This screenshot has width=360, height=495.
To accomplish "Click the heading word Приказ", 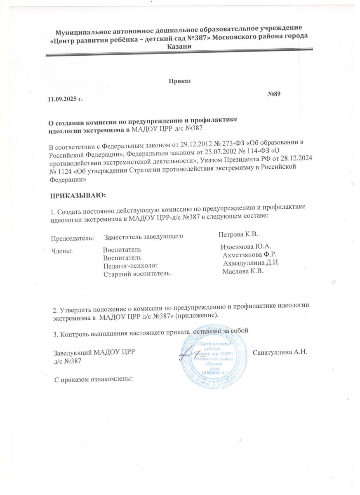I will (x=180, y=81).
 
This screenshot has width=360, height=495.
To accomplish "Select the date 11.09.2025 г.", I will (x=65, y=99).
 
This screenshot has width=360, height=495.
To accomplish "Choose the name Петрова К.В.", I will (x=238, y=234).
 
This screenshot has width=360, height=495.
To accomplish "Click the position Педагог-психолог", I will (x=130, y=266).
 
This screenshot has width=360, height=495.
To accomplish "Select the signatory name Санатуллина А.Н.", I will (x=280, y=351).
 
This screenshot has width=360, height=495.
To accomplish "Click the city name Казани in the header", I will (x=179, y=47).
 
